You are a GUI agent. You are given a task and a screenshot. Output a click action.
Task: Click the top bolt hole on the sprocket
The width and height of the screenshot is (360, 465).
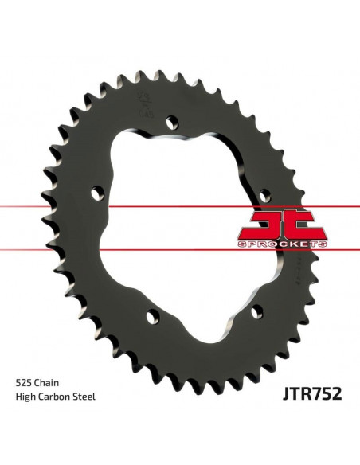168,122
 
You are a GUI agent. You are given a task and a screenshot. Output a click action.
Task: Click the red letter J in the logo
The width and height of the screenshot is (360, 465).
264,223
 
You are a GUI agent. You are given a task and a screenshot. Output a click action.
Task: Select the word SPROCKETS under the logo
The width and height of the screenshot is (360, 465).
282,244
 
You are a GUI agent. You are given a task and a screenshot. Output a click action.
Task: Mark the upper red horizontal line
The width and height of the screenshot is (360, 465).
48,207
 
